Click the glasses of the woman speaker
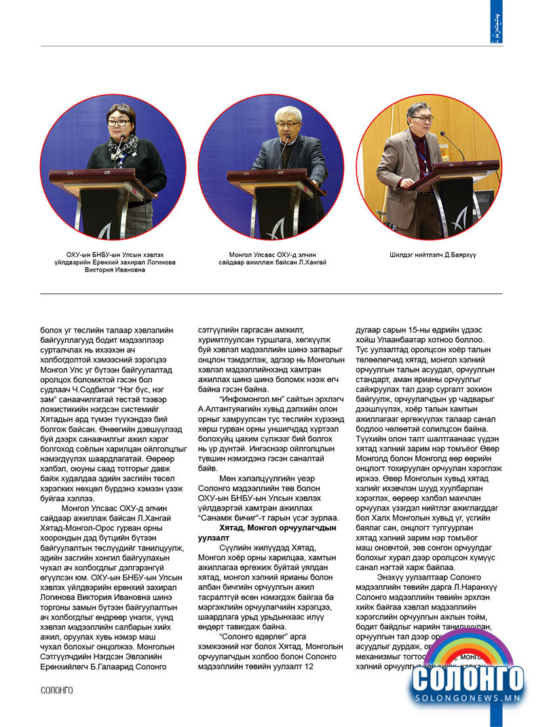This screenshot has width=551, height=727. (117, 123)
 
